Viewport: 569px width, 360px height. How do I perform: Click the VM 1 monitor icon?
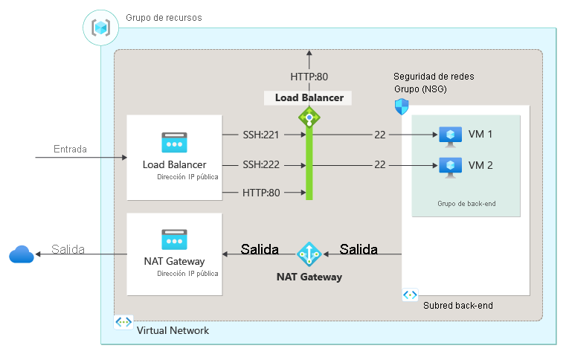(449, 135)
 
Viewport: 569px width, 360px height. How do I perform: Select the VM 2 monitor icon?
(449, 165)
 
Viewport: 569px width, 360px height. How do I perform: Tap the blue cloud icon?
(22, 255)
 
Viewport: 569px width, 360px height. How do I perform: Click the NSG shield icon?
(402, 106)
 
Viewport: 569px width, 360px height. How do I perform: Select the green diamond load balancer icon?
(309, 117)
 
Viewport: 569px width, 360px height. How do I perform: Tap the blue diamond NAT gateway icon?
(309, 254)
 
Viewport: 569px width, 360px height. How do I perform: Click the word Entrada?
(70, 149)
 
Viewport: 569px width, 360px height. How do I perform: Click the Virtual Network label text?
(173, 330)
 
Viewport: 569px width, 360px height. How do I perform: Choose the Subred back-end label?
(457, 305)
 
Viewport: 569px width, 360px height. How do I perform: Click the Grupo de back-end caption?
(466, 202)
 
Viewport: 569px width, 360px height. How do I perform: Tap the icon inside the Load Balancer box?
(174, 143)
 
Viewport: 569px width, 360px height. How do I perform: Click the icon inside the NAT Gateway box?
(174, 239)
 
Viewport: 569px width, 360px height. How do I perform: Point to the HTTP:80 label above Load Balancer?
(309, 76)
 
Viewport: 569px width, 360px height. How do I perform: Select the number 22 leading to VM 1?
(379, 135)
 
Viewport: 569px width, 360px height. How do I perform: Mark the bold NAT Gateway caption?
(309, 277)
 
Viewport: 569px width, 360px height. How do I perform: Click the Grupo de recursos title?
(164, 17)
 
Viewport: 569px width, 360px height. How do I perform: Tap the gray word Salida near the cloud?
(68, 248)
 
